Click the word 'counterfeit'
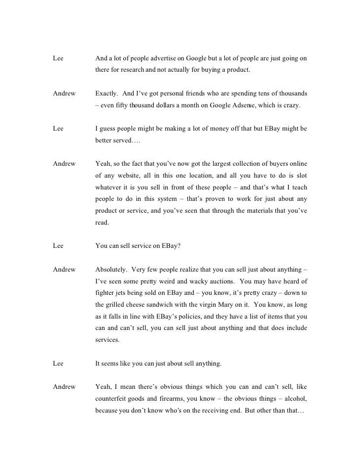112,399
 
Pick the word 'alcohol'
295,399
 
